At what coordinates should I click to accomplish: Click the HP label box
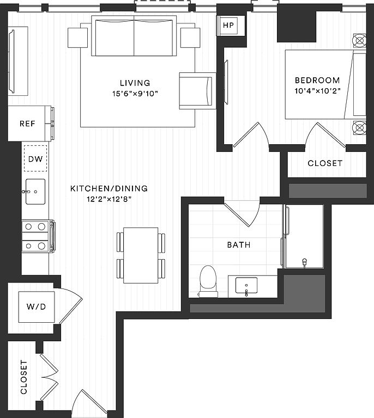click(x=228, y=26)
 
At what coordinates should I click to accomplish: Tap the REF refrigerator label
click(x=27, y=124)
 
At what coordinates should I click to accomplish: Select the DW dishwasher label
click(x=35, y=159)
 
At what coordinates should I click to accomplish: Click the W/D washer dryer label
click(x=37, y=306)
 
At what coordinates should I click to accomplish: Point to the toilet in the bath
click(x=208, y=281)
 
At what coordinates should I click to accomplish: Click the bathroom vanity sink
click(x=246, y=286)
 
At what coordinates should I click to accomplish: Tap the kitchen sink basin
click(x=35, y=192)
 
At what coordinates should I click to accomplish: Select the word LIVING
click(x=135, y=83)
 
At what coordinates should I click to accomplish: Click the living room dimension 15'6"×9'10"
click(x=135, y=94)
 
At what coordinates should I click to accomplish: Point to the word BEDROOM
click(x=317, y=80)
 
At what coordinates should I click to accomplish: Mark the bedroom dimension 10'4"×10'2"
click(x=317, y=91)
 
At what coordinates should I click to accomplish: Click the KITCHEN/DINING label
click(x=109, y=188)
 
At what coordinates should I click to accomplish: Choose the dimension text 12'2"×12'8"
click(x=109, y=199)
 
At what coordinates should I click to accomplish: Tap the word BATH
click(x=239, y=245)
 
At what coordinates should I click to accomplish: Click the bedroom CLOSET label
click(x=325, y=163)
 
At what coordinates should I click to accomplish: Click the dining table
click(x=141, y=255)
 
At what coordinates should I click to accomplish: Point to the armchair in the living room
click(x=197, y=91)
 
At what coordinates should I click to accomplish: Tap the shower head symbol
click(x=304, y=262)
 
